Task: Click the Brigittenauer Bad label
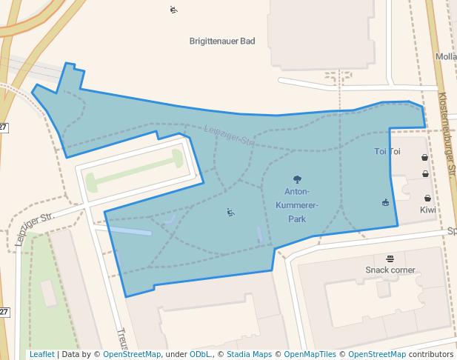point(222,41)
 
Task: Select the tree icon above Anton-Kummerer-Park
point(297,179)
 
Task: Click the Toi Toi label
point(387,152)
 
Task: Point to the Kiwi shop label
point(428,210)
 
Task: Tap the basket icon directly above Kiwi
point(428,198)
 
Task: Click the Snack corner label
point(390,270)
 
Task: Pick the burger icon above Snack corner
point(390,258)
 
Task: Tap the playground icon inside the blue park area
point(231,213)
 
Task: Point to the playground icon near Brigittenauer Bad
point(173,10)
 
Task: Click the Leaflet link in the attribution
point(41,355)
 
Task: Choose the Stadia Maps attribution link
point(249,355)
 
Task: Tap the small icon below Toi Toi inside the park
point(385,202)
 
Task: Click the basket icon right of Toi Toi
point(424,157)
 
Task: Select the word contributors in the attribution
point(431,355)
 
